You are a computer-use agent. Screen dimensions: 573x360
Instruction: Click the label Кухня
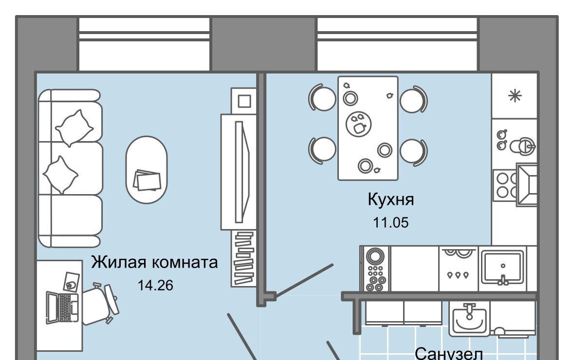(390, 200)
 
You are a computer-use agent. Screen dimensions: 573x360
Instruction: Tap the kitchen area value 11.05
(390, 222)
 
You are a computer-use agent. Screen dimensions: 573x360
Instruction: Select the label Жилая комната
(154, 262)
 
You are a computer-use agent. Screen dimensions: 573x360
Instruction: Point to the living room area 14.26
(155, 285)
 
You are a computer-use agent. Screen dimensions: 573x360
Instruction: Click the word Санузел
(449, 353)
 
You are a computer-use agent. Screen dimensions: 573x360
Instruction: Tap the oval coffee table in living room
(147, 170)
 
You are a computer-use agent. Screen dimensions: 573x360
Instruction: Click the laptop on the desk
(62, 306)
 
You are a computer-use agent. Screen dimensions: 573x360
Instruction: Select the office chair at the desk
(99, 304)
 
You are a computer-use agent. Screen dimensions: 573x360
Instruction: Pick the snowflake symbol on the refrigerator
(515, 96)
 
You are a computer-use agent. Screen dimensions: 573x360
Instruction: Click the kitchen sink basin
(503, 268)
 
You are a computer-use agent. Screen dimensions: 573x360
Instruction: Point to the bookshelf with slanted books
(243, 258)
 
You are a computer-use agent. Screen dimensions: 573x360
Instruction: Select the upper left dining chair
(322, 98)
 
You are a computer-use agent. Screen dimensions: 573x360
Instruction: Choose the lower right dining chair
(414, 151)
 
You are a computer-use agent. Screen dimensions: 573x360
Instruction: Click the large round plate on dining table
(359, 124)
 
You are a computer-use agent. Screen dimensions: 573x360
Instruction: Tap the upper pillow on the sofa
(74, 128)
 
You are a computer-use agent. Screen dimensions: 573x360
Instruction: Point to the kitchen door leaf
(304, 280)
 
